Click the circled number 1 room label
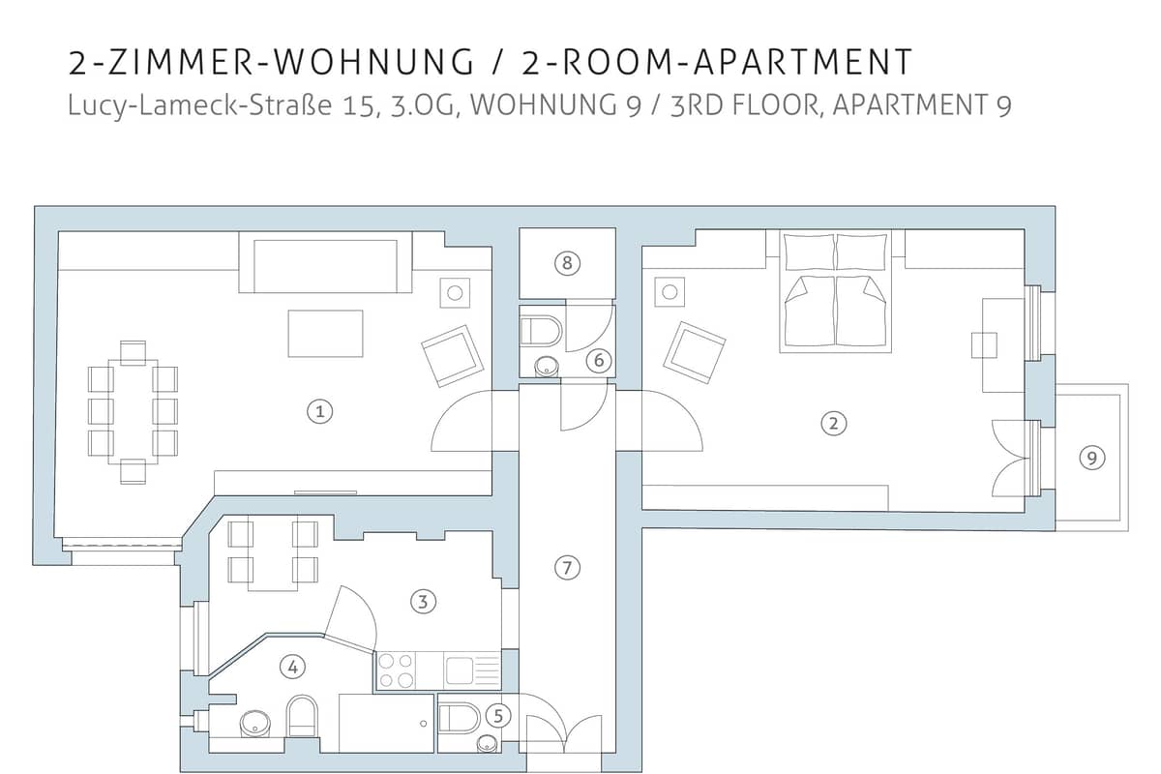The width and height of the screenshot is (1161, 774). [x=320, y=411]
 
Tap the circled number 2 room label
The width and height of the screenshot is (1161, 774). [x=833, y=423]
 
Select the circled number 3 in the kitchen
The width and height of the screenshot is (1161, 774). [x=423, y=602]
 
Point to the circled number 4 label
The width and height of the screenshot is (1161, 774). [x=292, y=667]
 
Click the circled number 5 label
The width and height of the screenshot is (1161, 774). [x=498, y=716]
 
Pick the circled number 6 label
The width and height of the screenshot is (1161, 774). [x=599, y=360]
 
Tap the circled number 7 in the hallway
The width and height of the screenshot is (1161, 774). [x=567, y=568]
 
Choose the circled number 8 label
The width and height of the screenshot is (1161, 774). [x=567, y=263]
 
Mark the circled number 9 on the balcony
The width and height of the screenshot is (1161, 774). [x=1092, y=458]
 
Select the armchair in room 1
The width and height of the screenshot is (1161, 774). [x=453, y=356]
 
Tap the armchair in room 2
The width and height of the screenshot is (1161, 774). [x=694, y=352]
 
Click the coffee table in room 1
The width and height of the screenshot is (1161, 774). [x=325, y=334]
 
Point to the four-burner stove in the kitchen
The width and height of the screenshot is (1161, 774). [x=396, y=670]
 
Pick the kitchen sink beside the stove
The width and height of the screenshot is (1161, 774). [x=472, y=670]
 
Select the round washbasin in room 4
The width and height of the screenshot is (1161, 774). [x=255, y=723]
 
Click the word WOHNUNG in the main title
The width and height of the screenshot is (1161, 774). [x=373, y=62]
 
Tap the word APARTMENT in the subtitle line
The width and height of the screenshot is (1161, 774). [x=909, y=104]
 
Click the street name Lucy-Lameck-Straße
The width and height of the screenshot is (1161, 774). [x=200, y=105]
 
